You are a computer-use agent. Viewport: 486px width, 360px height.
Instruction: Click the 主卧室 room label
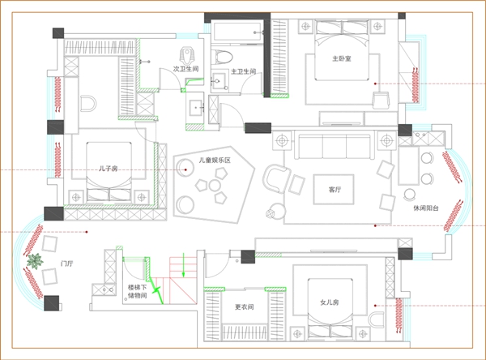coord(342,58)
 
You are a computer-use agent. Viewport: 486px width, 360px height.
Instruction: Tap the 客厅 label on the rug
coord(335,189)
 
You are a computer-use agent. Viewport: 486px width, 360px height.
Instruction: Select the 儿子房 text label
coord(109,169)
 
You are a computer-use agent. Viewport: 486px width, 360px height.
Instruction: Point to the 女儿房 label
coord(330,302)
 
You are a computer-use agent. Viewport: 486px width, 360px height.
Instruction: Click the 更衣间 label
coord(245,307)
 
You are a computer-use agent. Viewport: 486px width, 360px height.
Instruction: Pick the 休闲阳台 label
coord(426,208)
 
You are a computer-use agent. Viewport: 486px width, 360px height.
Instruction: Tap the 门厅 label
coord(67,264)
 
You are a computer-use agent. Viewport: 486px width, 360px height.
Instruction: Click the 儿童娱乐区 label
coord(215,161)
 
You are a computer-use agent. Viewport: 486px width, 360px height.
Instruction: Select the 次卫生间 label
coord(185,69)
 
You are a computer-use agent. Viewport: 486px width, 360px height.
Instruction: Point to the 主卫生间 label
coord(244,71)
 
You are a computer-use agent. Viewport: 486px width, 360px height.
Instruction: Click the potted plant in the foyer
coord(35,261)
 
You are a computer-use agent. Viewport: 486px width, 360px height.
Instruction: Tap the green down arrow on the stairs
coord(184,264)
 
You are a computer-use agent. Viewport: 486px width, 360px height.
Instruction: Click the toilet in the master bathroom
coord(222,57)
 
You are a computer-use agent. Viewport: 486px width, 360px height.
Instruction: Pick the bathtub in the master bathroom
coord(237,31)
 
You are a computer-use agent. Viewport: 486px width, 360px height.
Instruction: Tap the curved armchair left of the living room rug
coord(276,178)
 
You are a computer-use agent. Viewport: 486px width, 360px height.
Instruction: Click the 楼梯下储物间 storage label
coord(138,291)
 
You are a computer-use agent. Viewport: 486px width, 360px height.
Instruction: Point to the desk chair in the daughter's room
coord(376,320)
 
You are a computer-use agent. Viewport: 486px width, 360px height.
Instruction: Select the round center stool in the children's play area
coord(215,186)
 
